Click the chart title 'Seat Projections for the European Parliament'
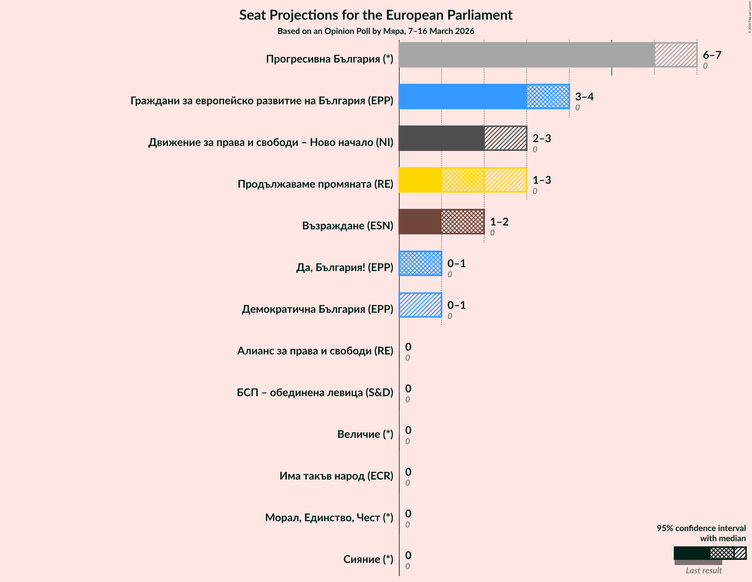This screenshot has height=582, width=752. [x=376, y=15]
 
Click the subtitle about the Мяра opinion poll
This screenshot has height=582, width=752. [x=376, y=31]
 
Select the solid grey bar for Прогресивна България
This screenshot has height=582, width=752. [x=526, y=55]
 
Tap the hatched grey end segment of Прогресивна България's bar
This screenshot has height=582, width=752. [x=675, y=55]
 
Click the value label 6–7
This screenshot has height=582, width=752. [x=712, y=55]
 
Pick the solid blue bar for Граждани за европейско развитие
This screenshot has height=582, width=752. [x=462, y=97]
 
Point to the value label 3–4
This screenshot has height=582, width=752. [x=584, y=97]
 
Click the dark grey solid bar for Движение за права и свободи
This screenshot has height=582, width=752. [x=441, y=138]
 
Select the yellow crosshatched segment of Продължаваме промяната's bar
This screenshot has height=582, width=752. [x=462, y=180]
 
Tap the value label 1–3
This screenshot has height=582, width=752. [x=542, y=180]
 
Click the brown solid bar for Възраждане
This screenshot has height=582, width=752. [x=420, y=222]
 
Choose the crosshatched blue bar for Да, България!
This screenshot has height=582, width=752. [x=420, y=263]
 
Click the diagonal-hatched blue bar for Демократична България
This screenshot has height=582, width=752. [x=420, y=305]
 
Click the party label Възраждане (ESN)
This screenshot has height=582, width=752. [x=347, y=226]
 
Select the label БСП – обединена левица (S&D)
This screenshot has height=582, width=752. [x=315, y=393]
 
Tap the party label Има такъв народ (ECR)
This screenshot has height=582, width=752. [x=336, y=476]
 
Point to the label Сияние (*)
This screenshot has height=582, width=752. [x=368, y=559]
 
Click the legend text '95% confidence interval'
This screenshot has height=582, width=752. [x=701, y=528]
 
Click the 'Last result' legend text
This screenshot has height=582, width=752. [x=703, y=571]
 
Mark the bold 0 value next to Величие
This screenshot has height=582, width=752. [x=408, y=430]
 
